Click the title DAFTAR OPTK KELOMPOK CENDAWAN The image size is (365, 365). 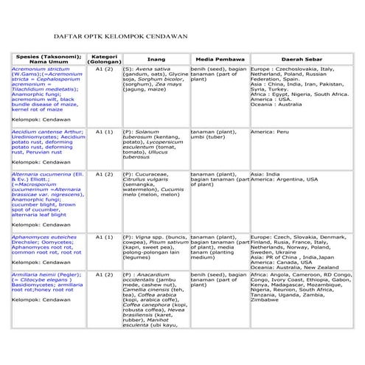119,35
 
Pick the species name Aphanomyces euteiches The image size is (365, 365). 41,237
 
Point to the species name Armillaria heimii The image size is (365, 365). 34,274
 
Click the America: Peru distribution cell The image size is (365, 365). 274,131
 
